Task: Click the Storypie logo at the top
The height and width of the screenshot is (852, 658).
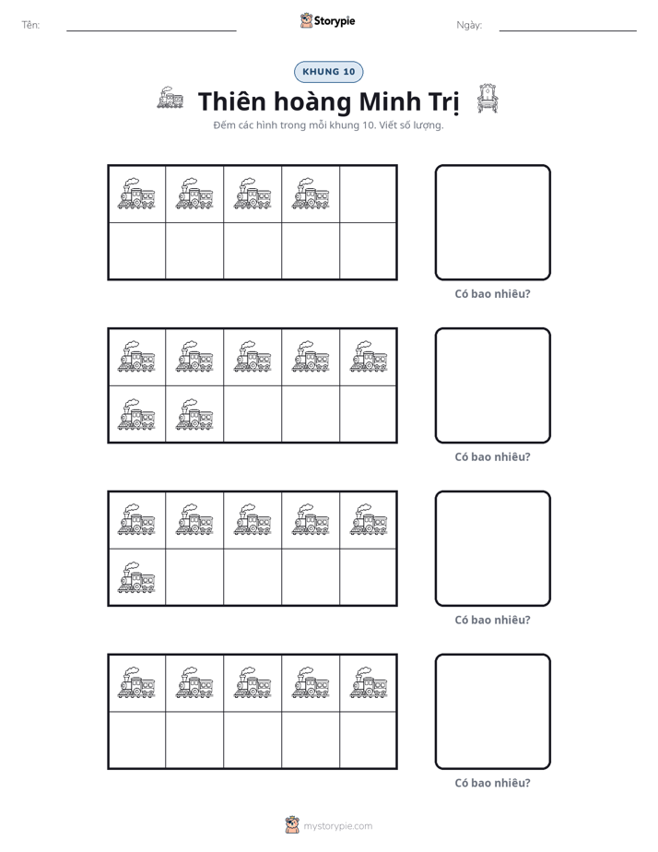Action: coord(327,20)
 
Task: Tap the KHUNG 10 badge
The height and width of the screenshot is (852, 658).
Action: coord(328,72)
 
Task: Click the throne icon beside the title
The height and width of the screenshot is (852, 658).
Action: coord(487,99)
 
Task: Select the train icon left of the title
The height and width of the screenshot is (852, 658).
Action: coord(170,98)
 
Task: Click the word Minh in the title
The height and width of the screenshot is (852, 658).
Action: coord(389,101)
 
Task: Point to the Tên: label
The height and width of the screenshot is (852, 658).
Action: coord(30,25)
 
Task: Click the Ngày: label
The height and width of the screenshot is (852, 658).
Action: coord(469,25)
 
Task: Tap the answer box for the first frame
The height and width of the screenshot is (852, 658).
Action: coord(492,222)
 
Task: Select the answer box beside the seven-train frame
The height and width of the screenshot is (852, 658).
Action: coord(492,385)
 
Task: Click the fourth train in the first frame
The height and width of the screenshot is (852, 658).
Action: coord(311,194)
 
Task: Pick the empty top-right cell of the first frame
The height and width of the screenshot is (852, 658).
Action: coord(368,194)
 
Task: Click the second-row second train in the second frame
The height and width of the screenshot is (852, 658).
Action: coord(194,415)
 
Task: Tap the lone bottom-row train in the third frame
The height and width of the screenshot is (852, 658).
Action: coord(136,577)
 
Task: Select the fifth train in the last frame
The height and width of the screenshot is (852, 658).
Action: coord(369,682)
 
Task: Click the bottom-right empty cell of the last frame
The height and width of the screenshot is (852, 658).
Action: coord(368,740)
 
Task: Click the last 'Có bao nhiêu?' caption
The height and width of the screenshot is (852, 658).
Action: coord(492,783)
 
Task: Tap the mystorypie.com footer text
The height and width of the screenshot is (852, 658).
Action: coord(337,826)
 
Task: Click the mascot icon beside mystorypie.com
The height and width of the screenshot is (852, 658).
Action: coord(292,825)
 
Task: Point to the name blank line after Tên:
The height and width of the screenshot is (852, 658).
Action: coord(151,31)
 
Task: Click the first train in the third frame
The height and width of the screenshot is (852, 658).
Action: coord(136,519)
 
